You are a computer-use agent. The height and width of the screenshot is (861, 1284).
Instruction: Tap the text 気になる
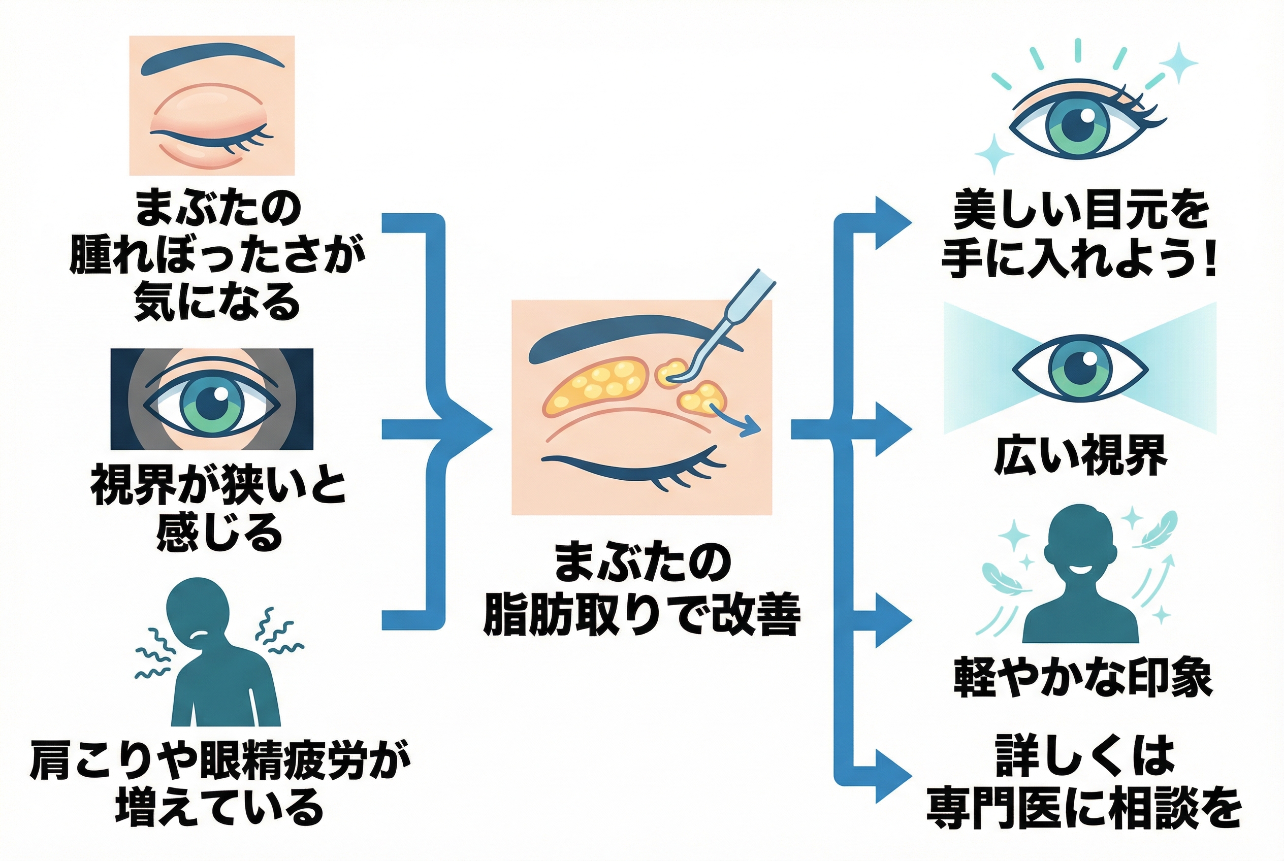(x=217, y=302)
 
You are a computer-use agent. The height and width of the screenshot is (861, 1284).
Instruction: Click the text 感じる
(x=219, y=533)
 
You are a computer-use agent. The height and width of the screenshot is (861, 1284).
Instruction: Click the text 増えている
(x=219, y=807)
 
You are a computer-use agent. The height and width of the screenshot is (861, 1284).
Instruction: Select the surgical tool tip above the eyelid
(x=677, y=378)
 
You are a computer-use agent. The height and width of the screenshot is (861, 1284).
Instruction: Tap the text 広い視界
(x=1080, y=456)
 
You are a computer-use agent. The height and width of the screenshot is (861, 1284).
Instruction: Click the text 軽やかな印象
(x=1082, y=678)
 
